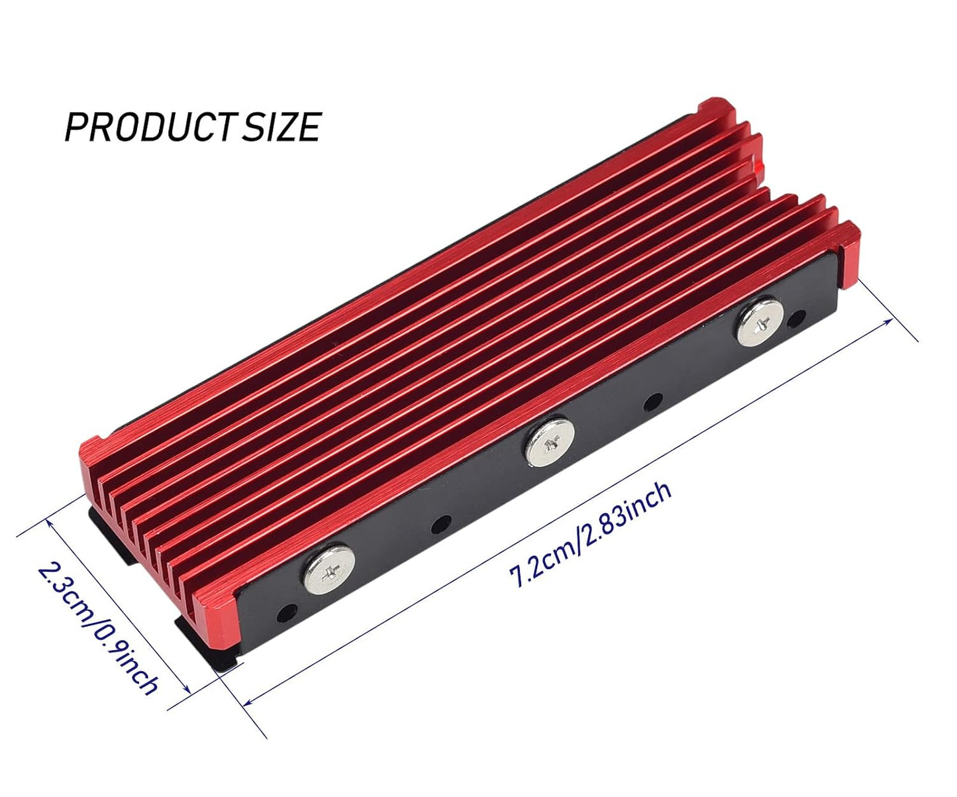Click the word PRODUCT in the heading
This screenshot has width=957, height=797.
coord(149,127)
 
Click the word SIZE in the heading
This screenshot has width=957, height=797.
coord(281,127)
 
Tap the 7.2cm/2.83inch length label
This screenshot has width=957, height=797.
coord(590,534)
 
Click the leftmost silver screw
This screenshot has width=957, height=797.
coord(330,568)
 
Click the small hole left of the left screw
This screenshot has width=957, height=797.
coord(287,611)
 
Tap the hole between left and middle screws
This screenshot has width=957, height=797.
coord(441,522)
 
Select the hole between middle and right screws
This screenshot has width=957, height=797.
coord(653,401)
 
